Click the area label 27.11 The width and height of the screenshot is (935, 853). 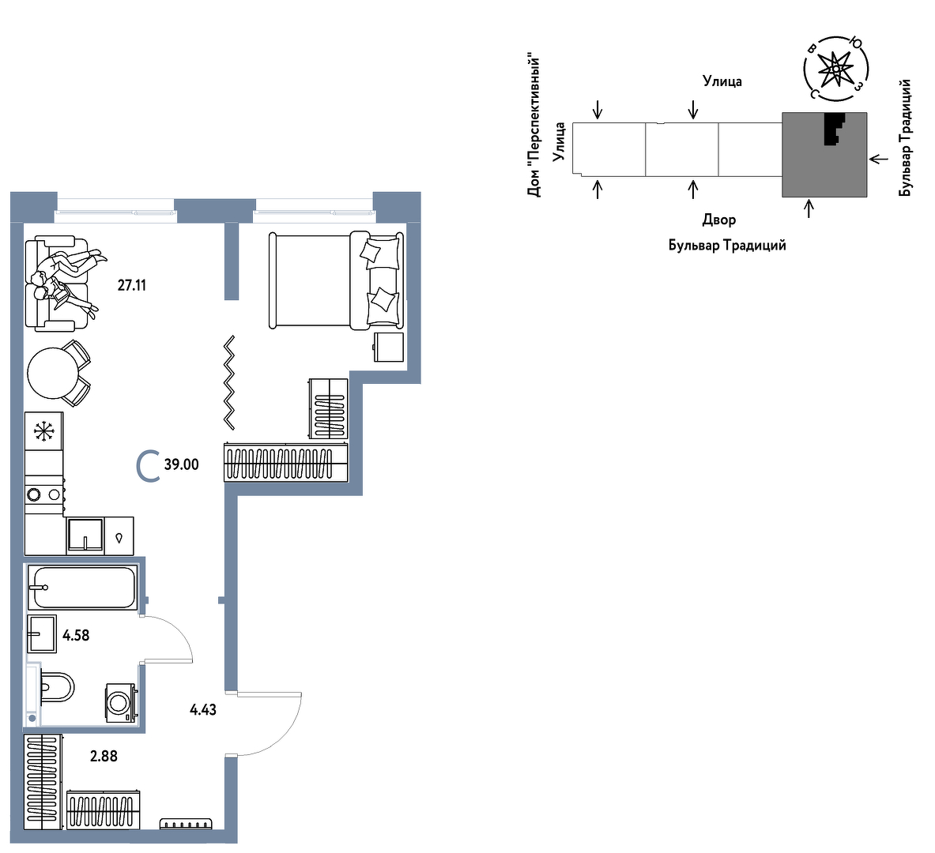[x=131, y=285]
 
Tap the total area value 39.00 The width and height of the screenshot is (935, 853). [x=181, y=464]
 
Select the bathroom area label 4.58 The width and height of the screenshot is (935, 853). [x=76, y=636]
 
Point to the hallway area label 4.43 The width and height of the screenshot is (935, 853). [x=203, y=710]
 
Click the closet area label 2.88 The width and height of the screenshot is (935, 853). [x=104, y=757]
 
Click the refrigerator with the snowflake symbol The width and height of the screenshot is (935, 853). [x=43, y=431]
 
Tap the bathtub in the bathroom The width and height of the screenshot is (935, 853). [x=82, y=587]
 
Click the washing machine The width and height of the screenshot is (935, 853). [x=123, y=703]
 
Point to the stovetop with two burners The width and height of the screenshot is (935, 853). [x=44, y=494]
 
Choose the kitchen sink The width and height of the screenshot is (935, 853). [x=85, y=535]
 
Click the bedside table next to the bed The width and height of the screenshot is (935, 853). [x=389, y=347]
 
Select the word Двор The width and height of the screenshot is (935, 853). [x=719, y=220]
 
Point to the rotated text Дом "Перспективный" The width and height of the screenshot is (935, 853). [x=533, y=126]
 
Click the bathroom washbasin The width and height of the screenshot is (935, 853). [x=42, y=633]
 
